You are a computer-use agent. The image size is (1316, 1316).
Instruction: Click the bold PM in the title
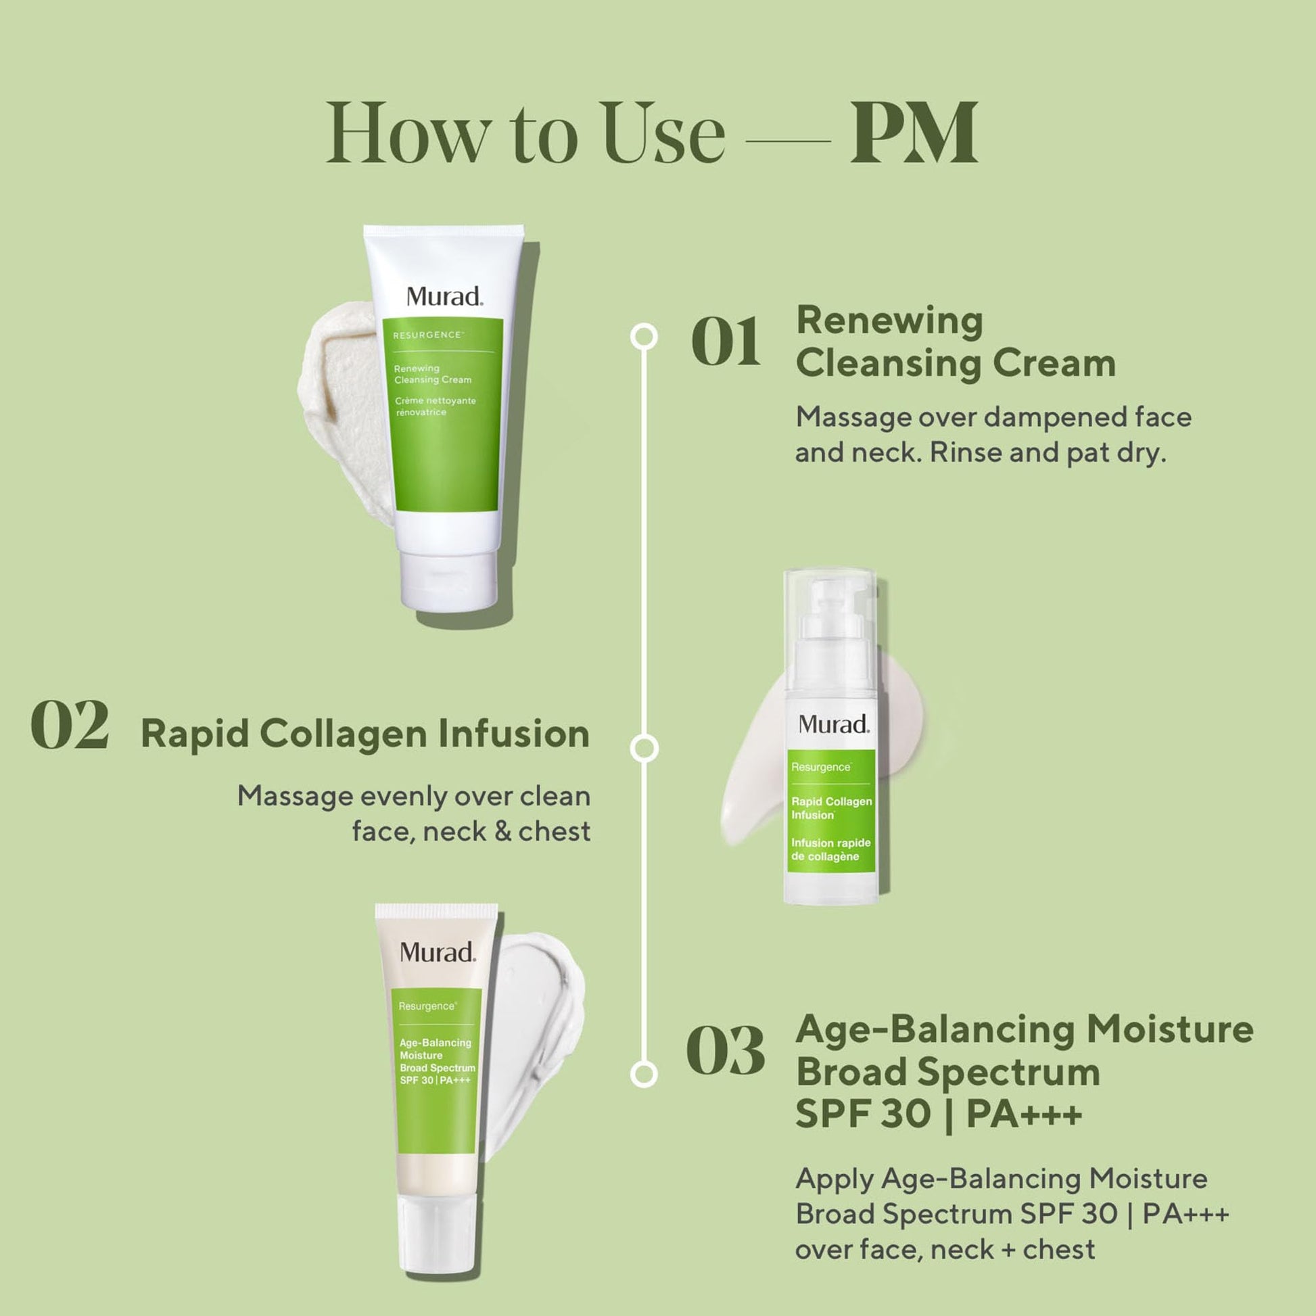point(914,132)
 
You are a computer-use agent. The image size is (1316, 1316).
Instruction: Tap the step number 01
point(726,342)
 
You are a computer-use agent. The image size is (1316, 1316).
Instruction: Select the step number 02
point(70,725)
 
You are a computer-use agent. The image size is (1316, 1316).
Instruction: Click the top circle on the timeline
point(644,337)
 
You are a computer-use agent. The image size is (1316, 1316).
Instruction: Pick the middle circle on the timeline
point(644,748)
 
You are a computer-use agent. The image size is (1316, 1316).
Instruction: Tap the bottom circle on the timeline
point(644,1073)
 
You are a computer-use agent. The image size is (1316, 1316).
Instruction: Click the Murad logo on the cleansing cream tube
point(445,296)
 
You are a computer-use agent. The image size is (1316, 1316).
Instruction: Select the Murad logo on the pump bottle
point(834,724)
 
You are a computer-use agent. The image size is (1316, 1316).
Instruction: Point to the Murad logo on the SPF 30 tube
point(438,952)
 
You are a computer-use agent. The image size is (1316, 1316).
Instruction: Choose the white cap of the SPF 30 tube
point(436,1234)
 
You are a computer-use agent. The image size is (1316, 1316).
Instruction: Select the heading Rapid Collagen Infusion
point(365,734)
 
